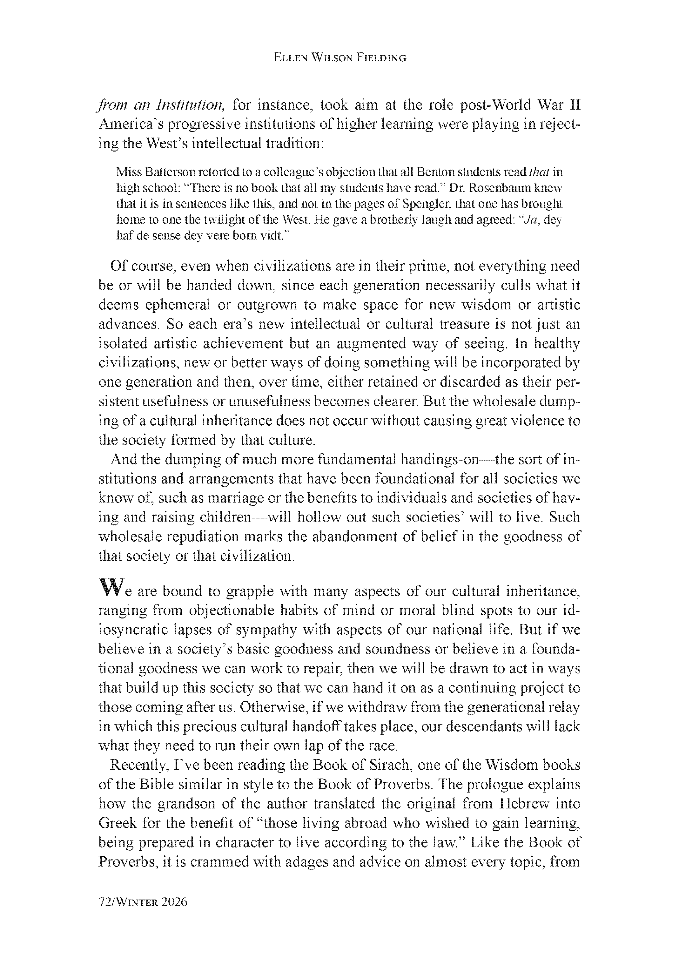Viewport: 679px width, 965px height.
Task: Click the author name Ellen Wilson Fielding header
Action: point(339,58)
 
